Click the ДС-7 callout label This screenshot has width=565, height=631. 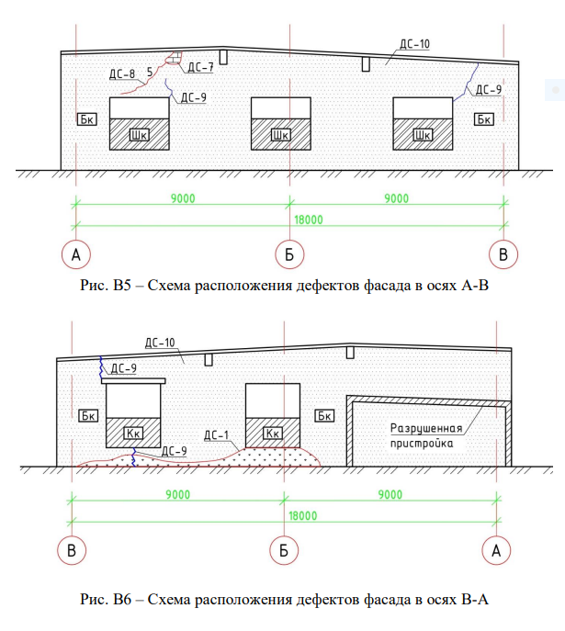pyautogui.click(x=200, y=67)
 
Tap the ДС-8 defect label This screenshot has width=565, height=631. pyautogui.click(x=122, y=74)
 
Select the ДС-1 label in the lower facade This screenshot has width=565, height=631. pyautogui.click(x=216, y=435)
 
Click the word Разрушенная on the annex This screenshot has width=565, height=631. pyautogui.click(x=426, y=429)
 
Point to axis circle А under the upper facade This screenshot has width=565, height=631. pyautogui.click(x=75, y=254)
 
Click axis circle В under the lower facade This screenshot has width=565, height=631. pyautogui.click(x=72, y=550)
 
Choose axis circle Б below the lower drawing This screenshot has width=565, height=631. pyautogui.click(x=284, y=550)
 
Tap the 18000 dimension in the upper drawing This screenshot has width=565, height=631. pyautogui.click(x=309, y=220)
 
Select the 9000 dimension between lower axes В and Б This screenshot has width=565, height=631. pyautogui.click(x=178, y=494)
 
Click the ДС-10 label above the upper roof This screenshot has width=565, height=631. pyautogui.click(x=414, y=44)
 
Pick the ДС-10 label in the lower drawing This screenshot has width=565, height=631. pyautogui.click(x=160, y=343)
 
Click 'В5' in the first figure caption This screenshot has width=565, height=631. pyautogui.click(x=122, y=286)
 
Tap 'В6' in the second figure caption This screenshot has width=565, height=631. pyautogui.click(x=122, y=599)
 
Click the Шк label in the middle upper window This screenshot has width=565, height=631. pyautogui.click(x=280, y=135)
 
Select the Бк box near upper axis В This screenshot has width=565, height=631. pyautogui.click(x=484, y=119)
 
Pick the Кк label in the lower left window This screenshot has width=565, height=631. pyautogui.click(x=133, y=434)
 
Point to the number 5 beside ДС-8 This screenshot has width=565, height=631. pyautogui.click(x=150, y=72)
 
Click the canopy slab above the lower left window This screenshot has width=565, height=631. pyautogui.click(x=133, y=380)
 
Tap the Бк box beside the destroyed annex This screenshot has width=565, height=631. pyautogui.click(x=324, y=416)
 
